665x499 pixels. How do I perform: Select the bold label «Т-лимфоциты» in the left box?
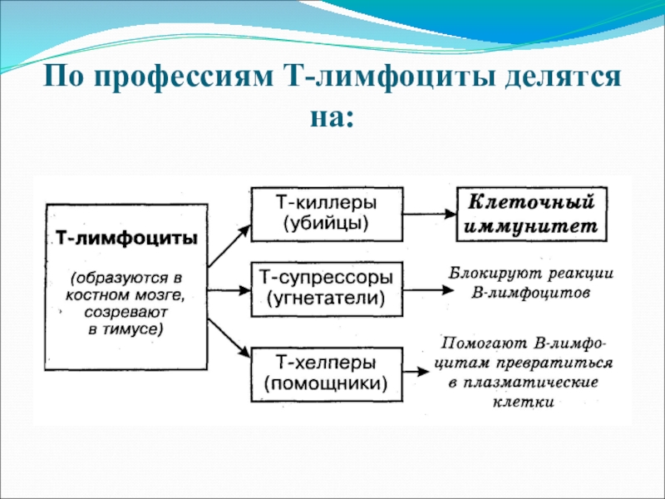pyautogui.click(x=126, y=239)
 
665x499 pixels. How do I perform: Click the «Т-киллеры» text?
pyautogui.click(x=326, y=203)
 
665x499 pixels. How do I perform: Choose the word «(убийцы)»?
pyautogui.click(x=326, y=223)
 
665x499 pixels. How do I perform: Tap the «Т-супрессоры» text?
pyautogui.click(x=326, y=274)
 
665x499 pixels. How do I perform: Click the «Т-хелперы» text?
pyautogui.click(x=326, y=363)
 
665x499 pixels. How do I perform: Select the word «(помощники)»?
pyautogui.click(x=326, y=384)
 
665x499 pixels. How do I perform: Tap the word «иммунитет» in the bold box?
pyautogui.click(x=531, y=225)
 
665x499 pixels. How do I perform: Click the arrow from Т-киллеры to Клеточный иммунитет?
pyautogui.click(x=430, y=214)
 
